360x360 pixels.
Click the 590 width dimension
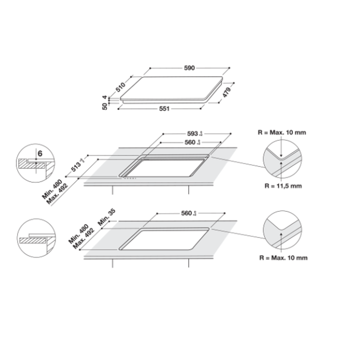[189, 68]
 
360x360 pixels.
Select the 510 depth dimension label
[121, 86]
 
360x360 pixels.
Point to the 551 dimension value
[164, 109]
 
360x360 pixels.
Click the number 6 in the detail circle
[40, 154]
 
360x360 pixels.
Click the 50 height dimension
[105, 106]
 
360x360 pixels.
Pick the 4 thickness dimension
[105, 97]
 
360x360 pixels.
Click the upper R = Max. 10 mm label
[282, 132]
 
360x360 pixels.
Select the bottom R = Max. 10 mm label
[283, 258]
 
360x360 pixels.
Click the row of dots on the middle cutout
[130, 177]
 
